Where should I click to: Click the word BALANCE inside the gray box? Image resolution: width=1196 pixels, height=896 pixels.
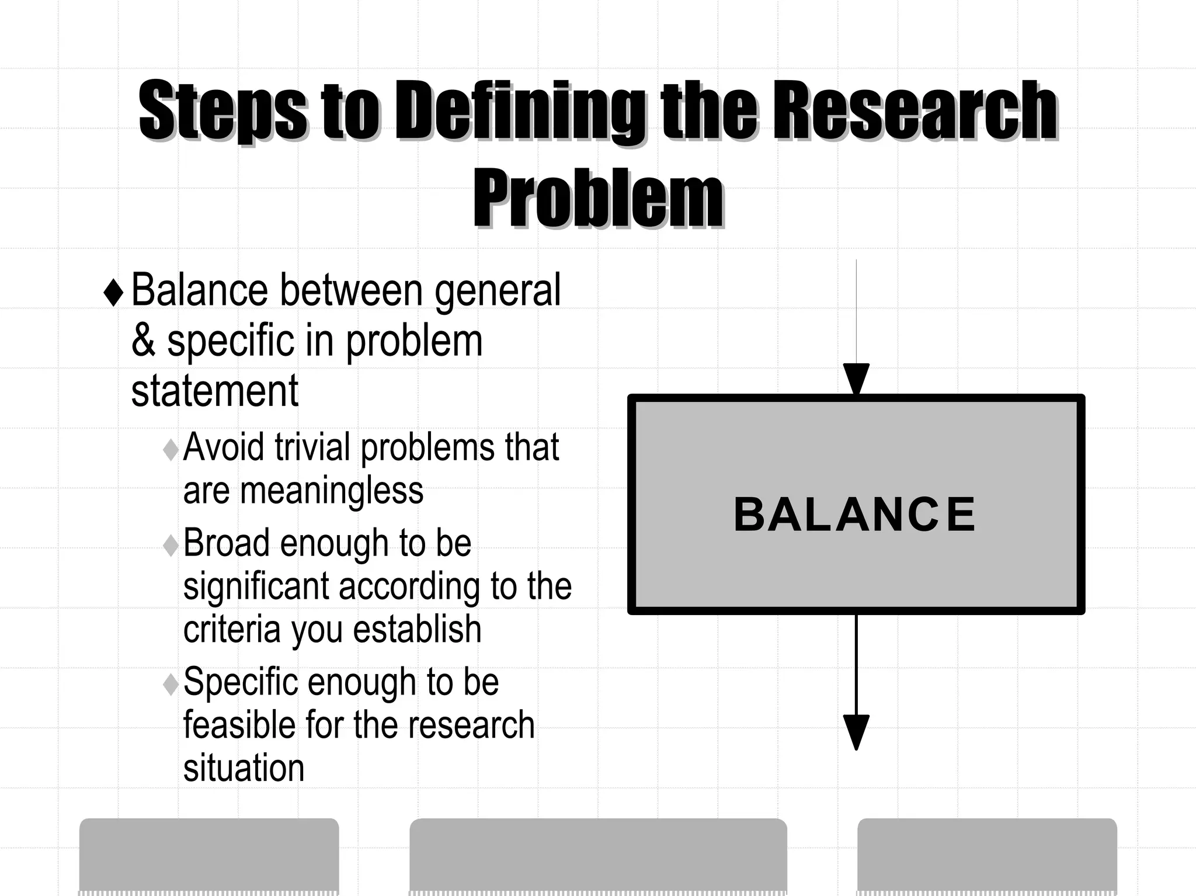click(x=854, y=515)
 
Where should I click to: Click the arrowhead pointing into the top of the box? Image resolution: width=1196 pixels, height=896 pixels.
click(x=856, y=379)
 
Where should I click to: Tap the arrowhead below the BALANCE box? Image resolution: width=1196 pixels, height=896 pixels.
click(x=856, y=731)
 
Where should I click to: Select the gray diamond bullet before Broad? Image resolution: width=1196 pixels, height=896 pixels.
click(x=171, y=546)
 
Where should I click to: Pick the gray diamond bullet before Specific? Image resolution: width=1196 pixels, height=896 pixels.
click(x=171, y=684)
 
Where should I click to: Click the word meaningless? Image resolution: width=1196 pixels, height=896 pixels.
click(x=332, y=491)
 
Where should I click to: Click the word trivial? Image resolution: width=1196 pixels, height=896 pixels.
click(x=312, y=447)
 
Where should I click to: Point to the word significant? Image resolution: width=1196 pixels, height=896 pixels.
click(x=257, y=586)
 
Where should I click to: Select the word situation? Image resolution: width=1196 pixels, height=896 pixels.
click(x=244, y=769)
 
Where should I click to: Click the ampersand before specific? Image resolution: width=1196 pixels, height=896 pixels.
click(x=143, y=341)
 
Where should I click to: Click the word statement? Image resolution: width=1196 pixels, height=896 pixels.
click(x=214, y=391)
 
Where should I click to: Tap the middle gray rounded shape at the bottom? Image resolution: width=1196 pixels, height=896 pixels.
click(x=598, y=856)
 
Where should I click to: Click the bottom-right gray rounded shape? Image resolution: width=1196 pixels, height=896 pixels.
click(x=987, y=856)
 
